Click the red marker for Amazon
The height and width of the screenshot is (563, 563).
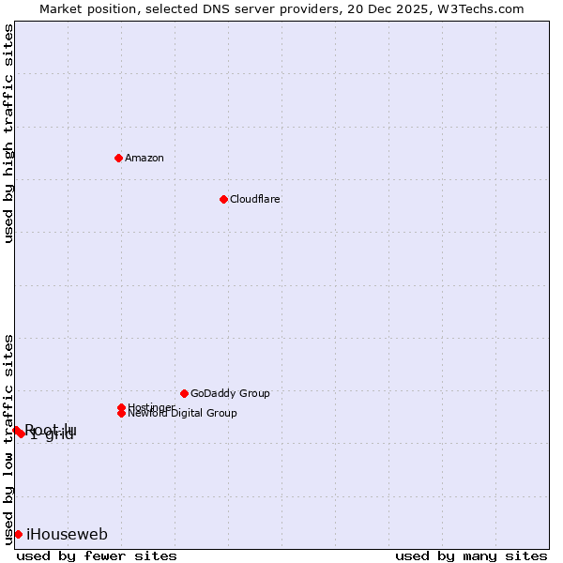pyautogui.click(x=118, y=158)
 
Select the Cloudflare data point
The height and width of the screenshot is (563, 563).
pyautogui.click(x=223, y=199)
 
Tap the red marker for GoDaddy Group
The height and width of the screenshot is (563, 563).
pyautogui.click(x=184, y=393)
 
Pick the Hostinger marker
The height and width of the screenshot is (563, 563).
pyautogui.click(x=121, y=407)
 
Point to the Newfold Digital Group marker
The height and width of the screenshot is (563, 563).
pyautogui.click(x=122, y=413)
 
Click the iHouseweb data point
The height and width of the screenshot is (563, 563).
pyautogui.click(x=18, y=534)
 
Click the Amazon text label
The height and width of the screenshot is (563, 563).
pyautogui.click(x=144, y=158)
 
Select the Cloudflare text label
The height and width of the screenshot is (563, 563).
pyautogui.click(x=254, y=199)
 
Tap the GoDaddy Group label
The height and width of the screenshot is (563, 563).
pyautogui.click(x=230, y=393)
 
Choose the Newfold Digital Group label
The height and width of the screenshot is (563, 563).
pyautogui.click(x=182, y=413)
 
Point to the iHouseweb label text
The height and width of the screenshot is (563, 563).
pyautogui.click(x=67, y=535)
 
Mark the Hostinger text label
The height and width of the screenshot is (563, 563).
pyautogui.click(x=151, y=407)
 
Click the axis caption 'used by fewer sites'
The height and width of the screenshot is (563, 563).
pyautogui.click(x=97, y=555)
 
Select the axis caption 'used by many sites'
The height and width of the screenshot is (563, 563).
pyautogui.click(x=471, y=555)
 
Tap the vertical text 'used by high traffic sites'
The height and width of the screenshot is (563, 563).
pyautogui.click(x=8, y=133)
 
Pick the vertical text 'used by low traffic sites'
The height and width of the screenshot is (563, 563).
pyautogui.click(x=8, y=438)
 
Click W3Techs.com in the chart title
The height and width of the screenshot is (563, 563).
pyautogui.click(x=478, y=8)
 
